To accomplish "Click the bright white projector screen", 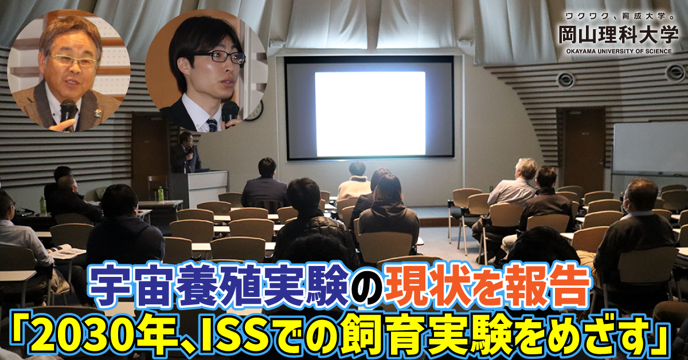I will [x=370, y=114].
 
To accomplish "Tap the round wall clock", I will [x=254, y=110].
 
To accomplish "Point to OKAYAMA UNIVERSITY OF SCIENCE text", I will [x=618, y=51].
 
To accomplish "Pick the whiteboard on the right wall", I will [x=650, y=148].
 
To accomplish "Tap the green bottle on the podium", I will [x=161, y=194].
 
